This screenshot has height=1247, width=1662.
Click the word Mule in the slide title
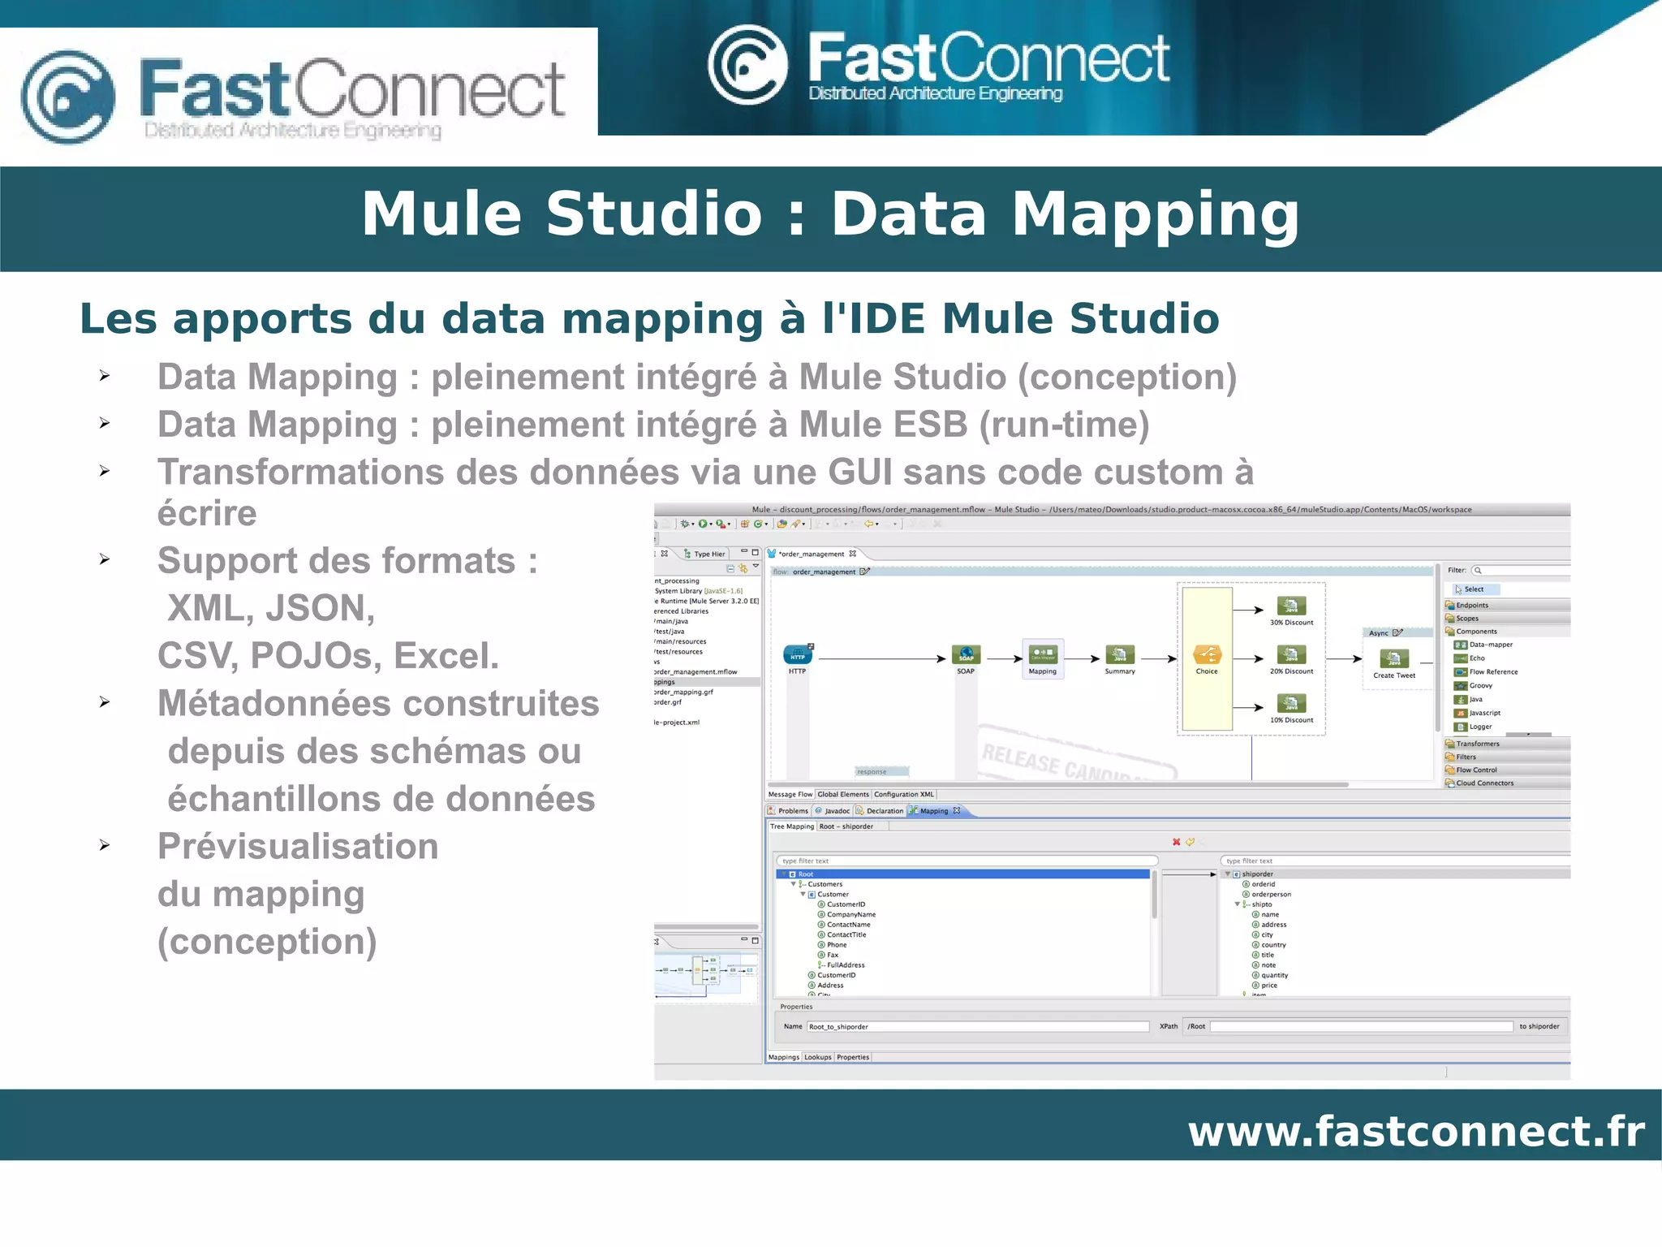pyautogui.click(x=441, y=215)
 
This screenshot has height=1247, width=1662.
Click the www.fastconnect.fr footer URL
pyautogui.click(x=1416, y=1131)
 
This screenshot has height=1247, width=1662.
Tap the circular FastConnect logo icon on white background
pyautogui.click(x=67, y=97)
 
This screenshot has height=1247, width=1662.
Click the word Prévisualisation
pyautogui.click(x=298, y=846)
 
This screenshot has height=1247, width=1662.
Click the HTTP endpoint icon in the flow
pyautogui.click(x=797, y=654)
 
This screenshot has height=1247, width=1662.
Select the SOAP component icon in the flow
pyautogui.click(x=966, y=654)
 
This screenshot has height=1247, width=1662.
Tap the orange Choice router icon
pyautogui.click(x=1207, y=654)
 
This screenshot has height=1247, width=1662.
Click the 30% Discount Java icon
pyautogui.click(x=1291, y=606)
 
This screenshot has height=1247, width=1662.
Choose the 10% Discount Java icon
pyautogui.click(x=1291, y=703)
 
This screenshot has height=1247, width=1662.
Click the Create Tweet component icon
pyautogui.click(x=1393, y=658)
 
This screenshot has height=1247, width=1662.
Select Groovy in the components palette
pyautogui.click(x=1480, y=686)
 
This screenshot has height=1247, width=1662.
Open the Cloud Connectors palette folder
pyautogui.click(x=1484, y=783)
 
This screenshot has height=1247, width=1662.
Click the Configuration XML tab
pyautogui.click(x=904, y=795)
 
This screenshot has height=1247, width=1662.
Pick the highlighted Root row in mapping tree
pyautogui.click(x=962, y=874)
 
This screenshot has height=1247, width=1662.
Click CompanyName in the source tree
pyautogui.click(x=850, y=915)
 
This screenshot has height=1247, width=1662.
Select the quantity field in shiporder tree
pyautogui.click(x=1274, y=976)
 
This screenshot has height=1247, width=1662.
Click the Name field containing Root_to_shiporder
pyautogui.click(x=977, y=1027)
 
